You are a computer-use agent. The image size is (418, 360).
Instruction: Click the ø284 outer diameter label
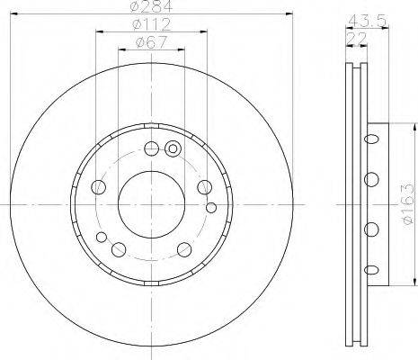point(152,6)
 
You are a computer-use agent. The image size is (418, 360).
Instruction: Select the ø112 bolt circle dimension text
point(152,24)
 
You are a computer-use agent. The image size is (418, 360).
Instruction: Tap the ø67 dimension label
point(151,42)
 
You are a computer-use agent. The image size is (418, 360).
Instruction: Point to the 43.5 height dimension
point(367,21)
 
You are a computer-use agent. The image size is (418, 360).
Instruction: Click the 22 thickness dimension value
point(356,39)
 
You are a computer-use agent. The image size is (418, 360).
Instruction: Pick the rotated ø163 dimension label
point(409,204)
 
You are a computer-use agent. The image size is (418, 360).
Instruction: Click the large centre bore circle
point(151,204)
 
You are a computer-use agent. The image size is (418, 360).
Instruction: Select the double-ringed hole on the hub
point(173,148)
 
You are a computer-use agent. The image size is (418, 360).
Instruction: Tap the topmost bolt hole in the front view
point(151,148)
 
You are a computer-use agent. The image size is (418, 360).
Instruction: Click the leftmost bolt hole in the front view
point(98,187)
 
